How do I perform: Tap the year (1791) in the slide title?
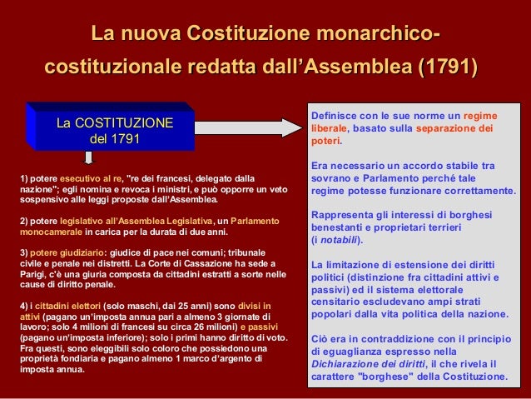(447, 66)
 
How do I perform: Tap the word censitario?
(338, 302)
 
